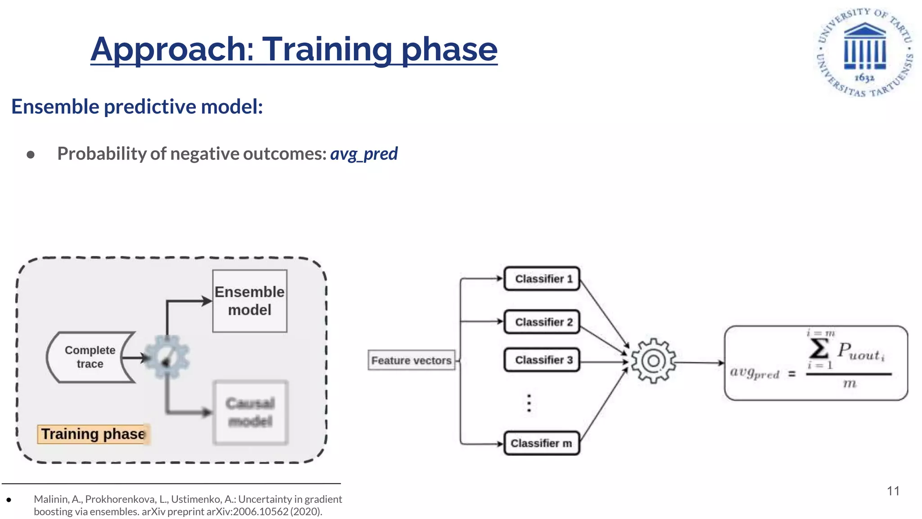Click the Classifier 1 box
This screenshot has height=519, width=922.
542,279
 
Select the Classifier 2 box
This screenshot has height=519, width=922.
542,322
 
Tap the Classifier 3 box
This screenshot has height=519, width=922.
542,360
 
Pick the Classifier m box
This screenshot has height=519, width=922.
542,444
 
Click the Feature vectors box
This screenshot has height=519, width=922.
411,360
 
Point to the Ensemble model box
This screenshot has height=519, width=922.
250,301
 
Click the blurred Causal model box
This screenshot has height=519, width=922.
250,413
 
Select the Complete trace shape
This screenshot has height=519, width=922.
90,357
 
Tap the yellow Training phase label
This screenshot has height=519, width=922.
93,434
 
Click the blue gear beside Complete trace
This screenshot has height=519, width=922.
167,357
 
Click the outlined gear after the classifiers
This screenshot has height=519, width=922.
653,361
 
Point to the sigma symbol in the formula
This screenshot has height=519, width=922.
818,348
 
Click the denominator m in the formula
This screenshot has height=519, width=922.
849,384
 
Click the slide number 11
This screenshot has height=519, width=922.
893,491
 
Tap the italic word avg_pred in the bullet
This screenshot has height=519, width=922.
364,154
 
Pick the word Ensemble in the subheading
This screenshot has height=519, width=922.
55,107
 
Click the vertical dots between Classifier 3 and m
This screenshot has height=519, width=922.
529,403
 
